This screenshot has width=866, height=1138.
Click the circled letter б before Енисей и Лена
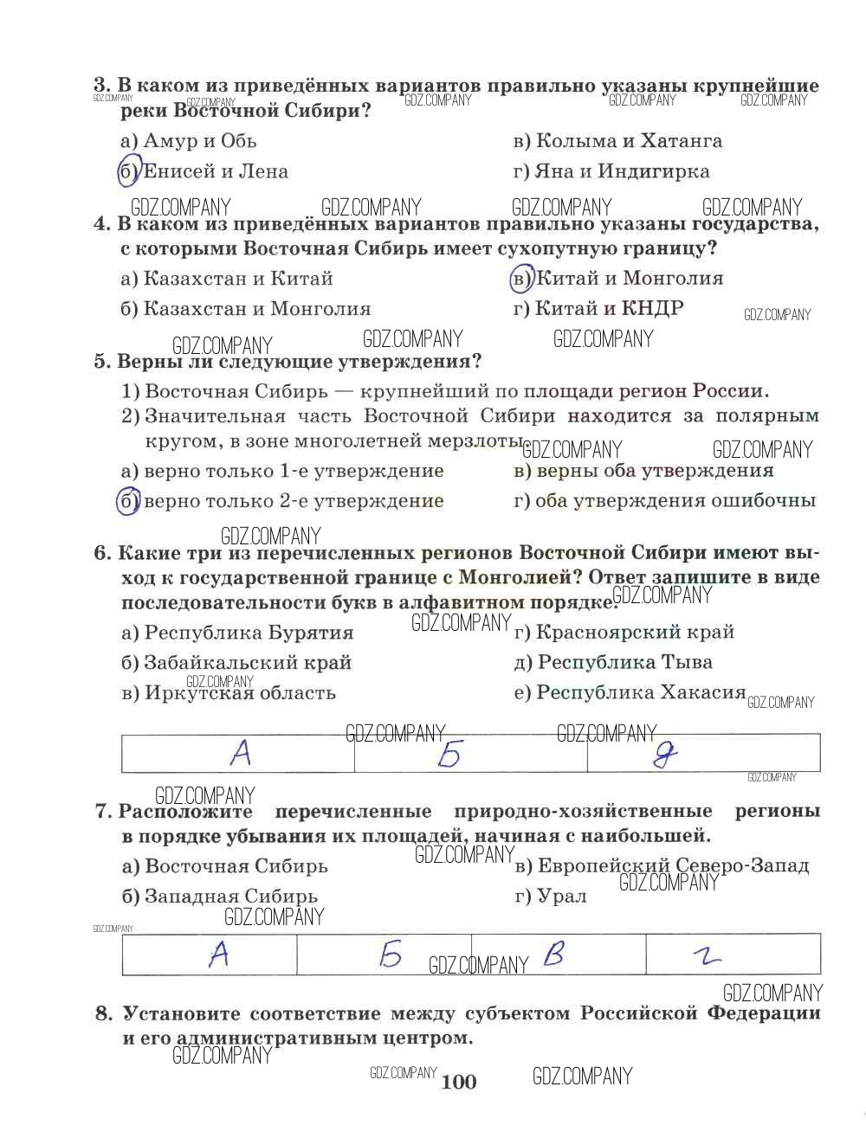pos(128,171)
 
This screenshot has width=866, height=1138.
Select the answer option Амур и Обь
pos(188,141)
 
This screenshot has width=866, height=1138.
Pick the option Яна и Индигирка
pos(611,171)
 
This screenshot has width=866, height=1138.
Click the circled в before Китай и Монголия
pos(521,279)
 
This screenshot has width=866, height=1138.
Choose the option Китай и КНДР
pos(598,309)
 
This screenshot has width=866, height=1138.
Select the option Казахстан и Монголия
pos(246,309)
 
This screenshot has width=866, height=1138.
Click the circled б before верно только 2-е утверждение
pos(128,501)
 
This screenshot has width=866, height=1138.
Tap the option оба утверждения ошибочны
pos(664,501)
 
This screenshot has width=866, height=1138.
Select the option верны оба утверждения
pos(643,471)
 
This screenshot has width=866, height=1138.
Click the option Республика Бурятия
pos(237,633)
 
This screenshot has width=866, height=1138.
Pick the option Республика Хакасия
pos(630,692)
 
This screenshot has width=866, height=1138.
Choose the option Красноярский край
pos(624,633)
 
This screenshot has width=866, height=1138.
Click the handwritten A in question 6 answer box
pos(241,754)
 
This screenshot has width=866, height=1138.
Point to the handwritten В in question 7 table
pos(553,955)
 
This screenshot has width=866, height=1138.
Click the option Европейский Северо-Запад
pos(662,866)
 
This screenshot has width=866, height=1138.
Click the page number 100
pos(459,1082)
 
